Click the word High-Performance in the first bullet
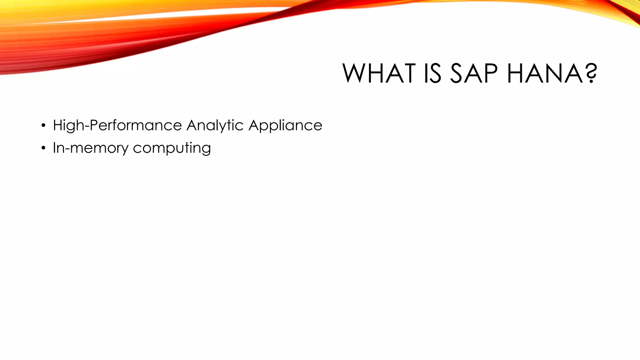click(117, 126)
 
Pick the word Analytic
click(215, 126)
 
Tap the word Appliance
click(285, 126)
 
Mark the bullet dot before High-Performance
click(43, 126)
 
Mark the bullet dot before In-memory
click(43, 148)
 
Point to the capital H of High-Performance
click(58, 125)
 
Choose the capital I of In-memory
click(54, 147)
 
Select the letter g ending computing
click(207, 149)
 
